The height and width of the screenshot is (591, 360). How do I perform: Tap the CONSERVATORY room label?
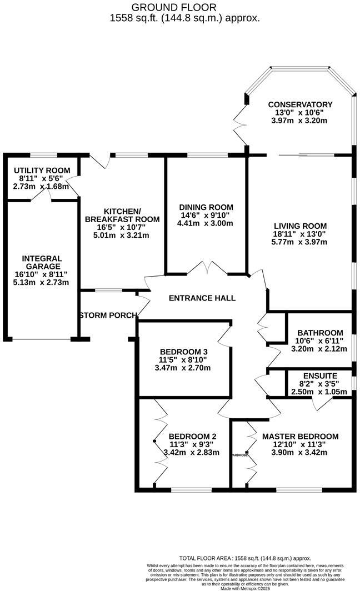(x=300, y=104)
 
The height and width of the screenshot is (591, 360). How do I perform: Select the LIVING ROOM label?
(x=300, y=226)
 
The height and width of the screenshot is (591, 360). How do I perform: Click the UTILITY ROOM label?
(x=42, y=170)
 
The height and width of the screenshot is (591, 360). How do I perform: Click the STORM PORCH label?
(x=108, y=315)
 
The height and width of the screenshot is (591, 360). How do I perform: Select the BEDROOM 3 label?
(x=183, y=352)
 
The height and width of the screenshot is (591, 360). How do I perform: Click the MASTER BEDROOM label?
(x=300, y=436)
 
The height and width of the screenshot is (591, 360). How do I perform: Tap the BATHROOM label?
(x=316, y=333)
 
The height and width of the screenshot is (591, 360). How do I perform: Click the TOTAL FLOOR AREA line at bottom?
(x=245, y=558)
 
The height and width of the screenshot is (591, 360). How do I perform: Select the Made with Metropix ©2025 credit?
(x=244, y=588)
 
